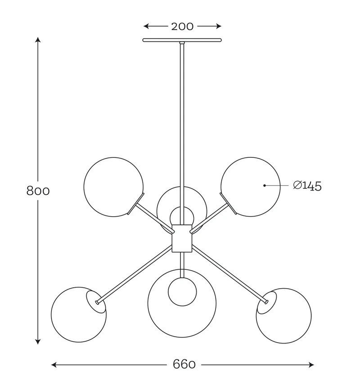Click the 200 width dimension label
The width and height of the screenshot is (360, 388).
[182, 27]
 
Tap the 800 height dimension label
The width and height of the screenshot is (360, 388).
[38, 191]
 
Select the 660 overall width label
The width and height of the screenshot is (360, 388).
[184, 365]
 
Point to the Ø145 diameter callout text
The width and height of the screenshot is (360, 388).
[307, 186]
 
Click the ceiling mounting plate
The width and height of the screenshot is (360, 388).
[182, 40]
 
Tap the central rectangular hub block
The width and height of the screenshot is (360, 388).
[182, 238]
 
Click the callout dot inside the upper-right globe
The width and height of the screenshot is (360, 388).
[265, 185]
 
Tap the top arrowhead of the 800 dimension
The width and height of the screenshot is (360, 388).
[38, 40]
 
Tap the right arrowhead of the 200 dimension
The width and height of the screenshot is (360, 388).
[218, 26]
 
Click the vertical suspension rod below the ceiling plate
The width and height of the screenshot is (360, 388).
[182, 134]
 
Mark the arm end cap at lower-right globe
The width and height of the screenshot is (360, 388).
[266, 301]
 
